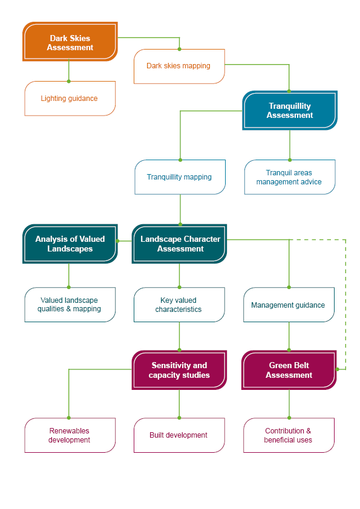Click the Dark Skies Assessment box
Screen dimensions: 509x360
click(x=70, y=42)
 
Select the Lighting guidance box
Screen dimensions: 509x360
click(x=70, y=99)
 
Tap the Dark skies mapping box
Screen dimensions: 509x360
click(x=179, y=66)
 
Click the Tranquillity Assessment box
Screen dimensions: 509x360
click(x=290, y=111)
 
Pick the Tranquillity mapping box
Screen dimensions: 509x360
click(x=180, y=177)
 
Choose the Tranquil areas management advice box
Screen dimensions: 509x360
click(x=289, y=177)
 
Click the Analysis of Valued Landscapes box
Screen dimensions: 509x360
click(x=70, y=244)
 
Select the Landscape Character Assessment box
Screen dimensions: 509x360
click(x=180, y=244)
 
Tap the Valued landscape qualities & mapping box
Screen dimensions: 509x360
click(x=70, y=305)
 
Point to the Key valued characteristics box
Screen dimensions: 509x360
click(x=179, y=305)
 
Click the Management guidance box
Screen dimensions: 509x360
click(x=289, y=305)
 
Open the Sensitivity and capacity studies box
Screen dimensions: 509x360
click(x=179, y=370)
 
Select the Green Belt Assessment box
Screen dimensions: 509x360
click(x=289, y=370)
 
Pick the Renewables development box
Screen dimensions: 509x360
click(x=70, y=435)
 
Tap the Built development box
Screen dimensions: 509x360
click(x=179, y=435)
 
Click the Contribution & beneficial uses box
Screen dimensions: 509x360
click(x=289, y=435)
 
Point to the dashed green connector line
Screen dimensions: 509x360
click(x=345, y=302)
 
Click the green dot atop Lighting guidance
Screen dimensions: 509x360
click(x=69, y=81)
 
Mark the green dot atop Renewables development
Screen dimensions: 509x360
click(x=69, y=418)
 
